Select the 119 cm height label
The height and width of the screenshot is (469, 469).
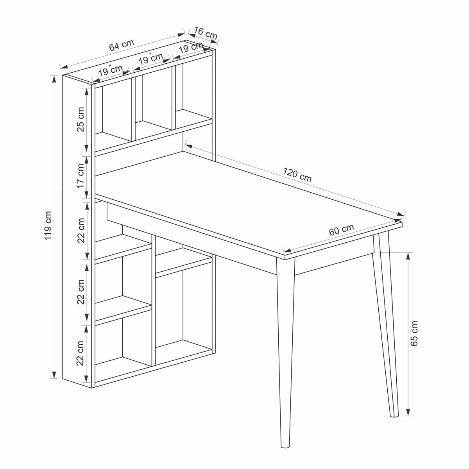pyautogui.click(x=48, y=226)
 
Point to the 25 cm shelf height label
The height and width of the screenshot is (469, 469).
pyautogui.click(x=81, y=120)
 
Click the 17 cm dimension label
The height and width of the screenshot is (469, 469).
pyautogui.click(x=81, y=176)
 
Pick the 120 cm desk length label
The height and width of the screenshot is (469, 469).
pyautogui.click(x=297, y=175)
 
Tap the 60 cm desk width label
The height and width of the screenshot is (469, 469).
pyautogui.click(x=341, y=230)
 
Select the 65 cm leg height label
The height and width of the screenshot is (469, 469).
pyautogui.click(x=414, y=333)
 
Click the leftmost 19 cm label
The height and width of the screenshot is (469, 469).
pyautogui.click(x=110, y=71)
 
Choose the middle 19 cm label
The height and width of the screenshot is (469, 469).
pyautogui.click(x=150, y=59)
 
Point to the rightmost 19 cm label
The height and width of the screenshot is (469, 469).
pyautogui.click(x=191, y=47)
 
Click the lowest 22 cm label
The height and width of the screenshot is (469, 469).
pyautogui.click(x=81, y=353)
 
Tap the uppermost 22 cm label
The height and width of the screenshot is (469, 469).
pyautogui.click(x=81, y=231)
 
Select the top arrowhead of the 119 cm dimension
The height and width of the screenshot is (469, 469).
pyautogui.click(x=54, y=79)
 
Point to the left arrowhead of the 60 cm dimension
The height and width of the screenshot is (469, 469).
pyautogui.click(x=288, y=251)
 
